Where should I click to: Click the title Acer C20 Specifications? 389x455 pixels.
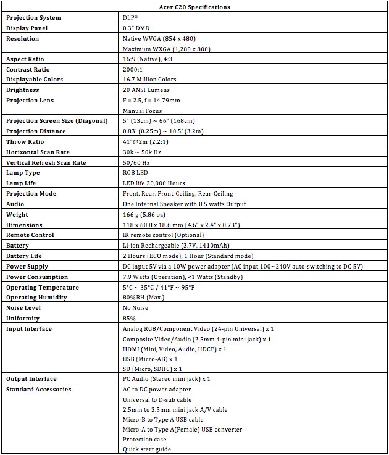pos(194,7)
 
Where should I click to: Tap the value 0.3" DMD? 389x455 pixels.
pos(136,28)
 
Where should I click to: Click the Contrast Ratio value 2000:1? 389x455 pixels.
pos(134,69)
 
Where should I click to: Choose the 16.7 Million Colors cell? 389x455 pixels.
pos(149,80)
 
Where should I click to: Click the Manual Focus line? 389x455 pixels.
pos(142,111)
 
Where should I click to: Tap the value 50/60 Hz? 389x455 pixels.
pos(137,162)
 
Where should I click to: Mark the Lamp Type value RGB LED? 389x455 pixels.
pos(135,173)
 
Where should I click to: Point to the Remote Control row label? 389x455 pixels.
pos(30,235)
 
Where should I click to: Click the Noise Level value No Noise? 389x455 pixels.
pos(136,307)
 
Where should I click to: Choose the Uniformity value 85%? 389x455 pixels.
pos(129,318)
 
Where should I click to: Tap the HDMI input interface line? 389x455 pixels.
pos(174,349)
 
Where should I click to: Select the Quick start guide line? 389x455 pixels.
pos(147,449)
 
